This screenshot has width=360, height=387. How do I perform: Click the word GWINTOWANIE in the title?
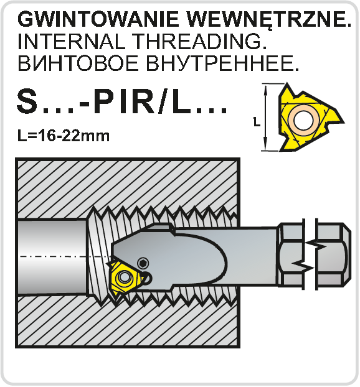(98, 19)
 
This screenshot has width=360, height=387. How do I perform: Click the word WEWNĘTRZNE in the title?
(268, 20)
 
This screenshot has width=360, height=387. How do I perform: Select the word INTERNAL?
(71, 41)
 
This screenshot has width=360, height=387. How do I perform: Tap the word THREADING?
(199, 41)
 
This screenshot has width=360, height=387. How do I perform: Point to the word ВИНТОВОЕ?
(78, 63)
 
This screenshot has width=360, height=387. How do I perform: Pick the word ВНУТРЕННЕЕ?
(222, 63)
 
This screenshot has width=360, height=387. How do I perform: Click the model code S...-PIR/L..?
(121, 101)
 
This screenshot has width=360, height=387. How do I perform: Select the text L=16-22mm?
(64, 136)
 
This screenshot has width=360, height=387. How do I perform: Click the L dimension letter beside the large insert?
(257, 122)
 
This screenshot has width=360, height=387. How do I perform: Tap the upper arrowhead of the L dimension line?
(265, 89)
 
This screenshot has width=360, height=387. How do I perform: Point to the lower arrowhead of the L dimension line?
(265, 146)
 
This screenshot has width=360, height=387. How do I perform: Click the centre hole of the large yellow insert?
(304, 120)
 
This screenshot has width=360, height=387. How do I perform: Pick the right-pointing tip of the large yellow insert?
(343, 121)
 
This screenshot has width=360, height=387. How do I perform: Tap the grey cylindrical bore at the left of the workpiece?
(52, 257)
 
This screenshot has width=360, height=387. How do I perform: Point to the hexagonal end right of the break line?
(333, 256)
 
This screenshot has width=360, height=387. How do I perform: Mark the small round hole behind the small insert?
(147, 278)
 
